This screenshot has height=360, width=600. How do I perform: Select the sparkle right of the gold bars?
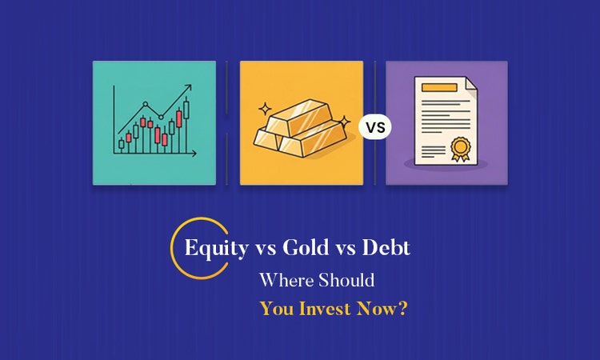pyautogui.click(x=345, y=122)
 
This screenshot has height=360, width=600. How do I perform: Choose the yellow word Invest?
pyautogui.click(x=326, y=309)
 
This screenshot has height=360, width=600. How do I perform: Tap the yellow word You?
pyautogui.click(x=276, y=309)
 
